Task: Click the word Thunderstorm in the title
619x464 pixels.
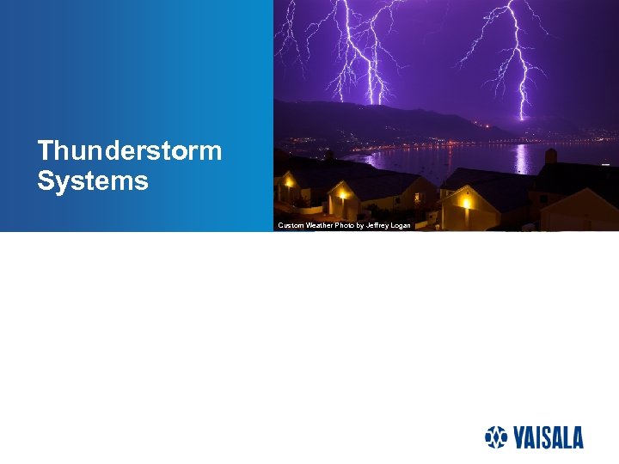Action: pyautogui.click(x=130, y=152)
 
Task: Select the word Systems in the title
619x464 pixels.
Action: pyautogui.click(x=93, y=181)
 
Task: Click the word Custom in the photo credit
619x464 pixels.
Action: pyautogui.click(x=291, y=225)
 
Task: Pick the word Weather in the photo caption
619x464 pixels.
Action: pyautogui.click(x=320, y=225)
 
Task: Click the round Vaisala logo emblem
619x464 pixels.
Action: pyautogui.click(x=497, y=437)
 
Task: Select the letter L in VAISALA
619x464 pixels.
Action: pyautogui.click(x=563, y=438)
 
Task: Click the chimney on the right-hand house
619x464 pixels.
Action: pyautogui.click(x=550, y=156)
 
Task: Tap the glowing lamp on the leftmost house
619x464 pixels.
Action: pyautogui.click(x=288, y=182)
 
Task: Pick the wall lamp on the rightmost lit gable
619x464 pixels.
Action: pyautogui.click(x=466, y=201)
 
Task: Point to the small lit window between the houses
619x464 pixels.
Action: pyautogui.click(x=417, y=197)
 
